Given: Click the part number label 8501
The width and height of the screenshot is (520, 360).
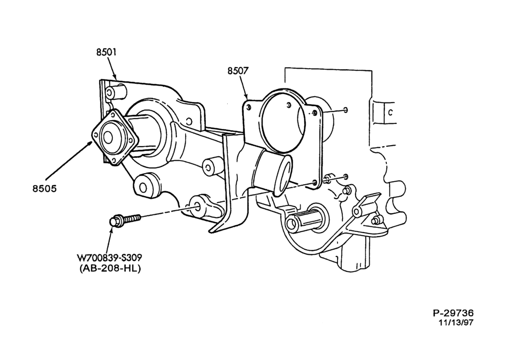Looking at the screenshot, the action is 107,52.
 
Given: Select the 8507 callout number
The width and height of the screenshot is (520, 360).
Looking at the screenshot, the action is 238,71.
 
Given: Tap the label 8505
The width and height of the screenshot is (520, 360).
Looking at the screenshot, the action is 44,188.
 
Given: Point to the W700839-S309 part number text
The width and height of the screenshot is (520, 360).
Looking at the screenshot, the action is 109,258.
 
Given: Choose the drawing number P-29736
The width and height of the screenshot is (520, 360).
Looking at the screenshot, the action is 453,313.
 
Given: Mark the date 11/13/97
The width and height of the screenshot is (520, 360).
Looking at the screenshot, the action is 456,322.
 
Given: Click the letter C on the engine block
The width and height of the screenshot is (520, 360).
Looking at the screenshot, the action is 391,112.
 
